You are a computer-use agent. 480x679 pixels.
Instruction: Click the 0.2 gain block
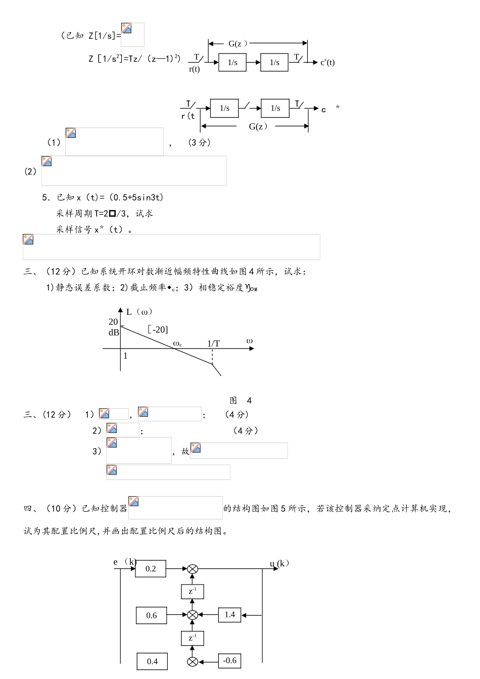pyautogui.click(x=151, y=569)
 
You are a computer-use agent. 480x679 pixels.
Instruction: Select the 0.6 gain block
pyautogui.click(x=152, y=615)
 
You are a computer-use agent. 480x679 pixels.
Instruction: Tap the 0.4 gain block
pyautogui.click(x=152, y=661)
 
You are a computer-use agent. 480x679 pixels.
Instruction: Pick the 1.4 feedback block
pyautogui.click(x=230, y=615)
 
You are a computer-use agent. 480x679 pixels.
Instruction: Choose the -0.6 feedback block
pyautogui.click(x=230, y=660)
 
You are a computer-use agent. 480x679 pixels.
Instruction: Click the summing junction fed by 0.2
pyautogui.click(x=192, y=569)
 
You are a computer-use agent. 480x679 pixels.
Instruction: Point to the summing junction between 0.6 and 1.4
pyautogui.click(x=192, y=615)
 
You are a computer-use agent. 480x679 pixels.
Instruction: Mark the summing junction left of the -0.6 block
pyautogui.click(x=192, y=661)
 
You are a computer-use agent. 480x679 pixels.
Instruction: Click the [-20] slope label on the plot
pyautogui.click(x=158, y=329)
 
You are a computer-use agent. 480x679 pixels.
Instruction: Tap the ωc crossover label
pyautogui.click(x=177, y=344)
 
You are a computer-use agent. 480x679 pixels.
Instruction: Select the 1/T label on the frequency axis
pyautogui.click(x=214, y=344)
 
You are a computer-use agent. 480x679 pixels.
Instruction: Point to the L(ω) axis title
pyautogui.click(x=139, y=312)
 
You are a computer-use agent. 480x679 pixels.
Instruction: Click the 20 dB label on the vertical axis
pyautogui.click(x=114, y=327)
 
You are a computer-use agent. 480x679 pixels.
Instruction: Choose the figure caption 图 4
pyautogui.click(x=241, y=401)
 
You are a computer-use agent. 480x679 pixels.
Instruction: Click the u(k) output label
pyautogui.click(x=279, y=563)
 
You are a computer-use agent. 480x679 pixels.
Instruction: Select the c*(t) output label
pyautogui.click(x=327, y=63)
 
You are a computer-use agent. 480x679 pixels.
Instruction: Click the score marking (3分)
pyautogui.click(x=199, y=143)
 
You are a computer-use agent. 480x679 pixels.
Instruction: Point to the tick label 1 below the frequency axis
pyautogui.click(x=125, y=356)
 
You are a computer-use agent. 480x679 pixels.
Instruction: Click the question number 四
pyautogui.click(x=28, y=508)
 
